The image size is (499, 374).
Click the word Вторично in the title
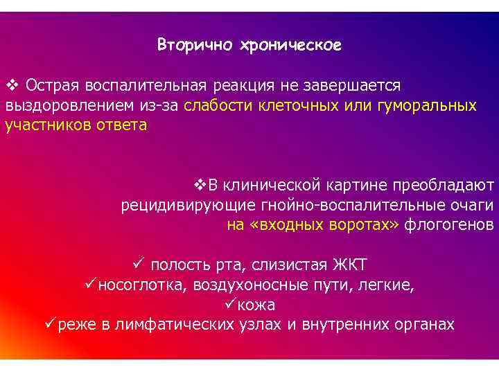click(195, 46)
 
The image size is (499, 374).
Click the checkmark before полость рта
click(138, 265)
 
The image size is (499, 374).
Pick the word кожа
click(259, 305)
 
